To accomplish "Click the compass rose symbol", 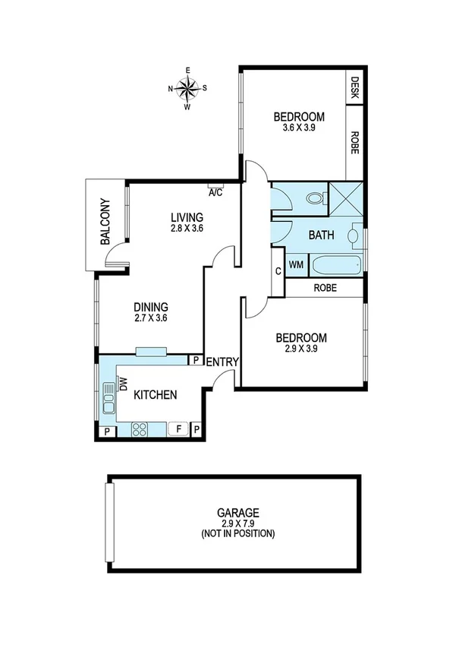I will (187, 87).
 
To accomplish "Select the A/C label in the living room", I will (215, 192).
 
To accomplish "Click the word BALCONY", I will (105, 221).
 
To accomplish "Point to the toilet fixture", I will (315, 199).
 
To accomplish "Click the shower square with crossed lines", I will (346, 199).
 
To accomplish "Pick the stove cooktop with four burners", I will (140, 430).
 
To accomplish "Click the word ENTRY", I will (223, 362).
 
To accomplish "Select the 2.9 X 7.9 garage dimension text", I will (237, 523).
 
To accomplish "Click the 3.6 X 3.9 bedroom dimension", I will (299, 128).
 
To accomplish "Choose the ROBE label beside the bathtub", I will (325, 289).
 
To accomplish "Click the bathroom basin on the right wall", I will (354, 236).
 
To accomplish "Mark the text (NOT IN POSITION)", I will (237, 534).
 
